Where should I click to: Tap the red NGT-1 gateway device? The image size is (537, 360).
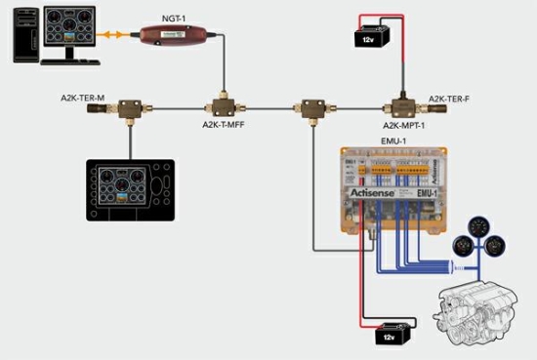pyautogui.click(x=178, y=38)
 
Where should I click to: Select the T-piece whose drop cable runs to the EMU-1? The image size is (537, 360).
pyautogui.click(x=313, y=104)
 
